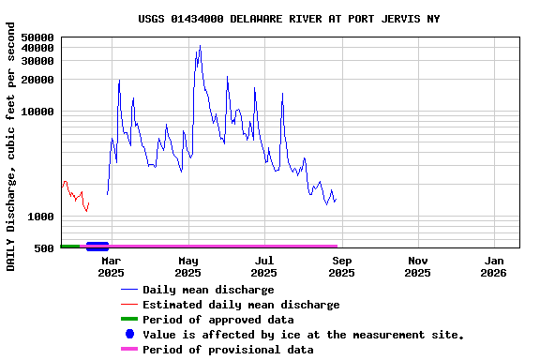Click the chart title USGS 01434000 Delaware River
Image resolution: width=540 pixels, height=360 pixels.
coord(289,19)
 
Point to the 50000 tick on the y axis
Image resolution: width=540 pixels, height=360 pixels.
coord(37,37)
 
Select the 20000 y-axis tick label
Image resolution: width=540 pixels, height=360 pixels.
coord(37,80)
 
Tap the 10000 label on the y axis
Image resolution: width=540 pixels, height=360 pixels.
coord(37,112)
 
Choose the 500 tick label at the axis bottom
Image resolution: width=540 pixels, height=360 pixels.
coord(43,248)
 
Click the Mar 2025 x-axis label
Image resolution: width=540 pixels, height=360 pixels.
coord(111,266)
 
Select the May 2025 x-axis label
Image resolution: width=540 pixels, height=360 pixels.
coord(187,266)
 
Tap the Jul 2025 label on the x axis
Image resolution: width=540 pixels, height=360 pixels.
coord(264,266)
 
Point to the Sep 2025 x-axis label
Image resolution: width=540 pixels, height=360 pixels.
coord(341,266)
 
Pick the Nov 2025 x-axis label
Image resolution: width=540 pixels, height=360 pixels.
coord(418,266)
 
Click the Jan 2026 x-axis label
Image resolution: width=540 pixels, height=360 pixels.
coord(494,266)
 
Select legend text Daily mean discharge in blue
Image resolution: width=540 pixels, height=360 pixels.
coord(208,290)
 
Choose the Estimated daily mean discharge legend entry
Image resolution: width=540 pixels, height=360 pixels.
coord(241,305)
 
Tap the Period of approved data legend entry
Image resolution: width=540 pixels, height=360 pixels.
coord(217,320)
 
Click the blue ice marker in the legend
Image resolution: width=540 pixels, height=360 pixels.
coord(129,335)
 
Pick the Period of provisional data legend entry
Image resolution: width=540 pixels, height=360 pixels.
coord(228,350)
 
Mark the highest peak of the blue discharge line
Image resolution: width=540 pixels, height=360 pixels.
coord(200,46)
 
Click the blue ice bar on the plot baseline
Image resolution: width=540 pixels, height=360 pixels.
coord(97,247)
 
